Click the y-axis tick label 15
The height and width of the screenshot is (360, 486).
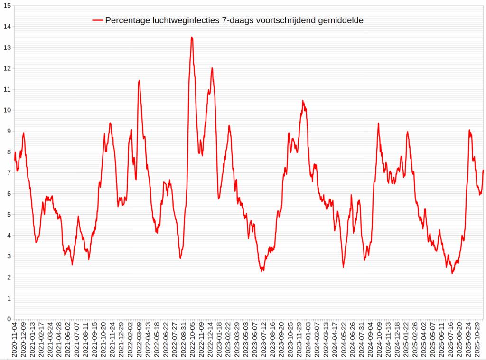[x=7, y=6]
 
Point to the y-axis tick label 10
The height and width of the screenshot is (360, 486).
[x=7, y=110]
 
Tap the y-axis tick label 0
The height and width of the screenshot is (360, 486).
[x=9, y=319]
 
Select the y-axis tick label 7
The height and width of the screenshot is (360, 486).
[x=9, y=173]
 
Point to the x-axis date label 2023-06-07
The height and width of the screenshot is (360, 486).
[x=255, y=339]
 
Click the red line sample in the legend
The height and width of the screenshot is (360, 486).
[x=97, y=21]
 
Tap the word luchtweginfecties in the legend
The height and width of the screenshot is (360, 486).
[x=186, y=21]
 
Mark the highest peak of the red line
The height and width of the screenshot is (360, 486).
[x=192, y=37]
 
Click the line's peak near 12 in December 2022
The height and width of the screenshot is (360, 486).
[x=212, y=68]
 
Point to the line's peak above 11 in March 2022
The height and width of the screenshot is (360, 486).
[x=139, y=80]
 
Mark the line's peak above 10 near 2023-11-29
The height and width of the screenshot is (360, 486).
[x=303, y=101]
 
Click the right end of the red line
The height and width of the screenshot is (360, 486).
[x=483, y=170]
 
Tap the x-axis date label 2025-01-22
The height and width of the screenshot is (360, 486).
[x=406, y=339]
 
